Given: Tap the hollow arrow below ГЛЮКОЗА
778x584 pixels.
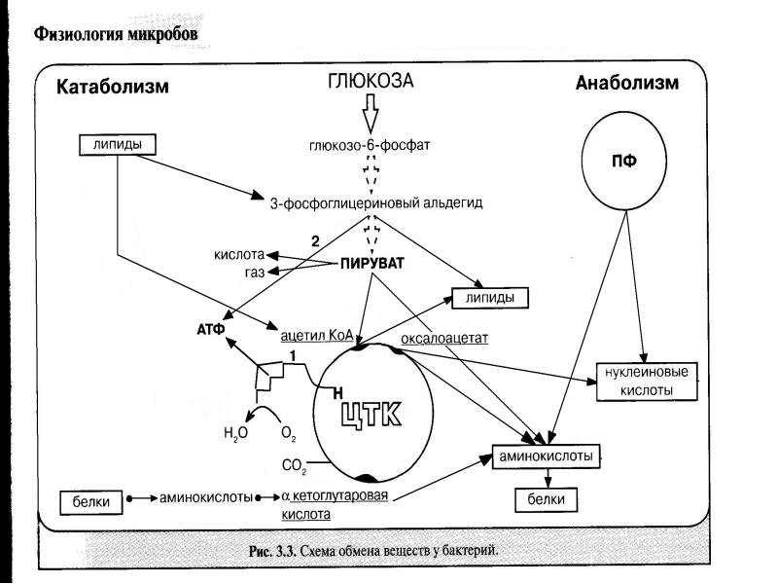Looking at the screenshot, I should pos(369,118).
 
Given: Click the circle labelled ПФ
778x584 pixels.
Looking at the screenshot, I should pos(622,161).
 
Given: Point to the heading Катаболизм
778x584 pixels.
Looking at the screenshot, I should pos(113,87).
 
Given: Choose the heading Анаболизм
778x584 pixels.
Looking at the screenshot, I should pos(627,84).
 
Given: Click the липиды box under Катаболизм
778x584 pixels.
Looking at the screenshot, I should pos(116,144).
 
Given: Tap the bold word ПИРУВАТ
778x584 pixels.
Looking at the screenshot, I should pos(371,264).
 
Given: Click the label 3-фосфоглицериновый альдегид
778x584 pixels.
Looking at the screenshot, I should pos(375,204).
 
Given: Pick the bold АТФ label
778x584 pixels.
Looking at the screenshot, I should pos(211,329).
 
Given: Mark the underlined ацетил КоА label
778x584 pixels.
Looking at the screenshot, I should pos(317,333).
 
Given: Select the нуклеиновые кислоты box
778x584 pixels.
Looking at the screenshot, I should pos(648,381).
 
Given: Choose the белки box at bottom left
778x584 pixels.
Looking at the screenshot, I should pos(97,501).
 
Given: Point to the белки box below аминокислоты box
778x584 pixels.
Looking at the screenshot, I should pos(546,500).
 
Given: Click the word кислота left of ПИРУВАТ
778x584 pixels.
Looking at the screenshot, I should pos(239,255).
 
